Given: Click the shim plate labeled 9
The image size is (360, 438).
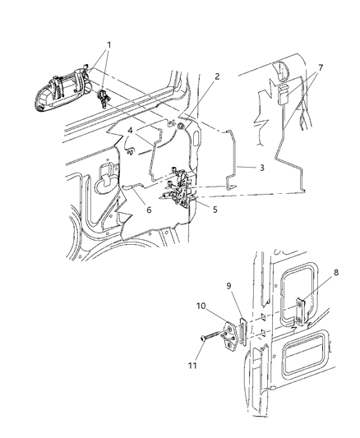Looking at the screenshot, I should coord(243,326).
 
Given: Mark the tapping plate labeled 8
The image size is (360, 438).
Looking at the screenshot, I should coord(302,310).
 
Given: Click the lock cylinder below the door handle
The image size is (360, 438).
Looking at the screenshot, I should coord(102,99).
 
